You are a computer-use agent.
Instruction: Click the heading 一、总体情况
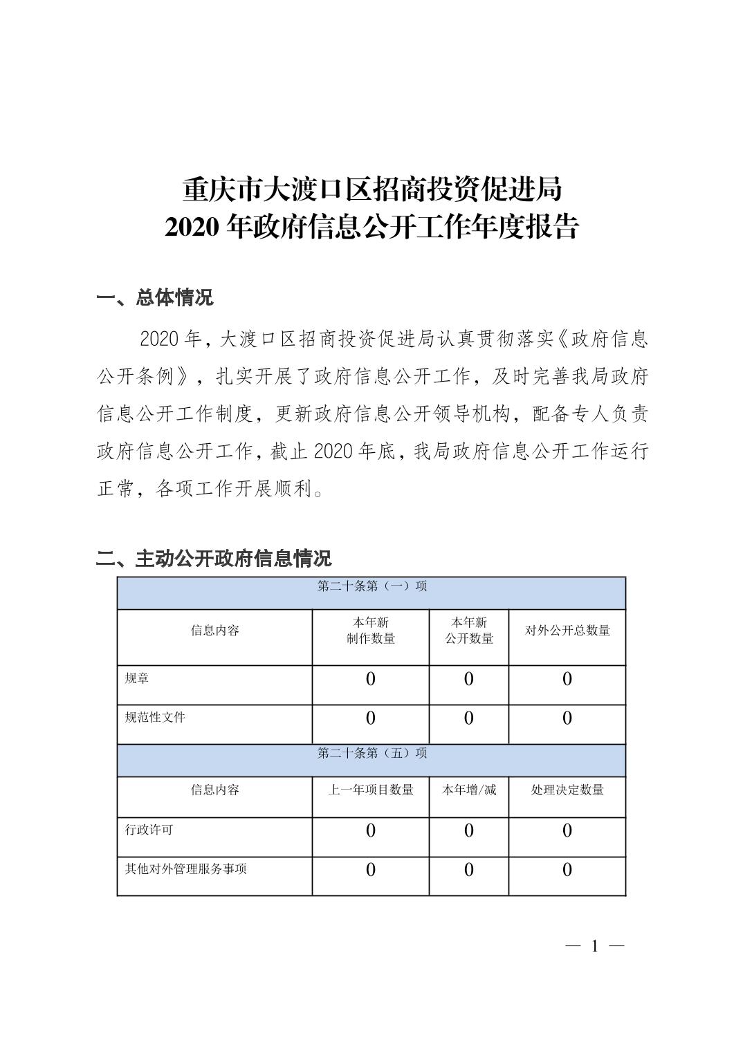(155, 298)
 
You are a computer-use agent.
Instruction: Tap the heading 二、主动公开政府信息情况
(214, 558)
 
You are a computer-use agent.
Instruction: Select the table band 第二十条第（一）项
(371, 587)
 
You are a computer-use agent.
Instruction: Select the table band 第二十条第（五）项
(371, 753)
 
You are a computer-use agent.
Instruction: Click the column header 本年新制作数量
(371, 631)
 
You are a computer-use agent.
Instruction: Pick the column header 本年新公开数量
(469, 631)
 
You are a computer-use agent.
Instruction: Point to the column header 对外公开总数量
(567, 631)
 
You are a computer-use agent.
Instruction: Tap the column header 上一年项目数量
(371, 790)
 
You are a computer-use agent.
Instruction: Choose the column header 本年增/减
(469, 790)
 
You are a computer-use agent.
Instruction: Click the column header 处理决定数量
(567, 790)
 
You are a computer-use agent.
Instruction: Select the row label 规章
(137, 678)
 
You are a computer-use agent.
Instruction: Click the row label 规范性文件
(155, 717)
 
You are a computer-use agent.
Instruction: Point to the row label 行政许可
(149, 829)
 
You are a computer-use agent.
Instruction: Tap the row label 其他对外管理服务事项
(185, 868)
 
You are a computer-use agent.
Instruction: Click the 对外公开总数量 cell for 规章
(567, 679)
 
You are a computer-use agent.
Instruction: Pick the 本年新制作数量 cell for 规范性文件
(371, 718)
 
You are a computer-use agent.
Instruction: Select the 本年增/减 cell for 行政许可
(469, 830)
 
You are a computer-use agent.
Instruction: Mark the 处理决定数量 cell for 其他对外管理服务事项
(567, 870)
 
